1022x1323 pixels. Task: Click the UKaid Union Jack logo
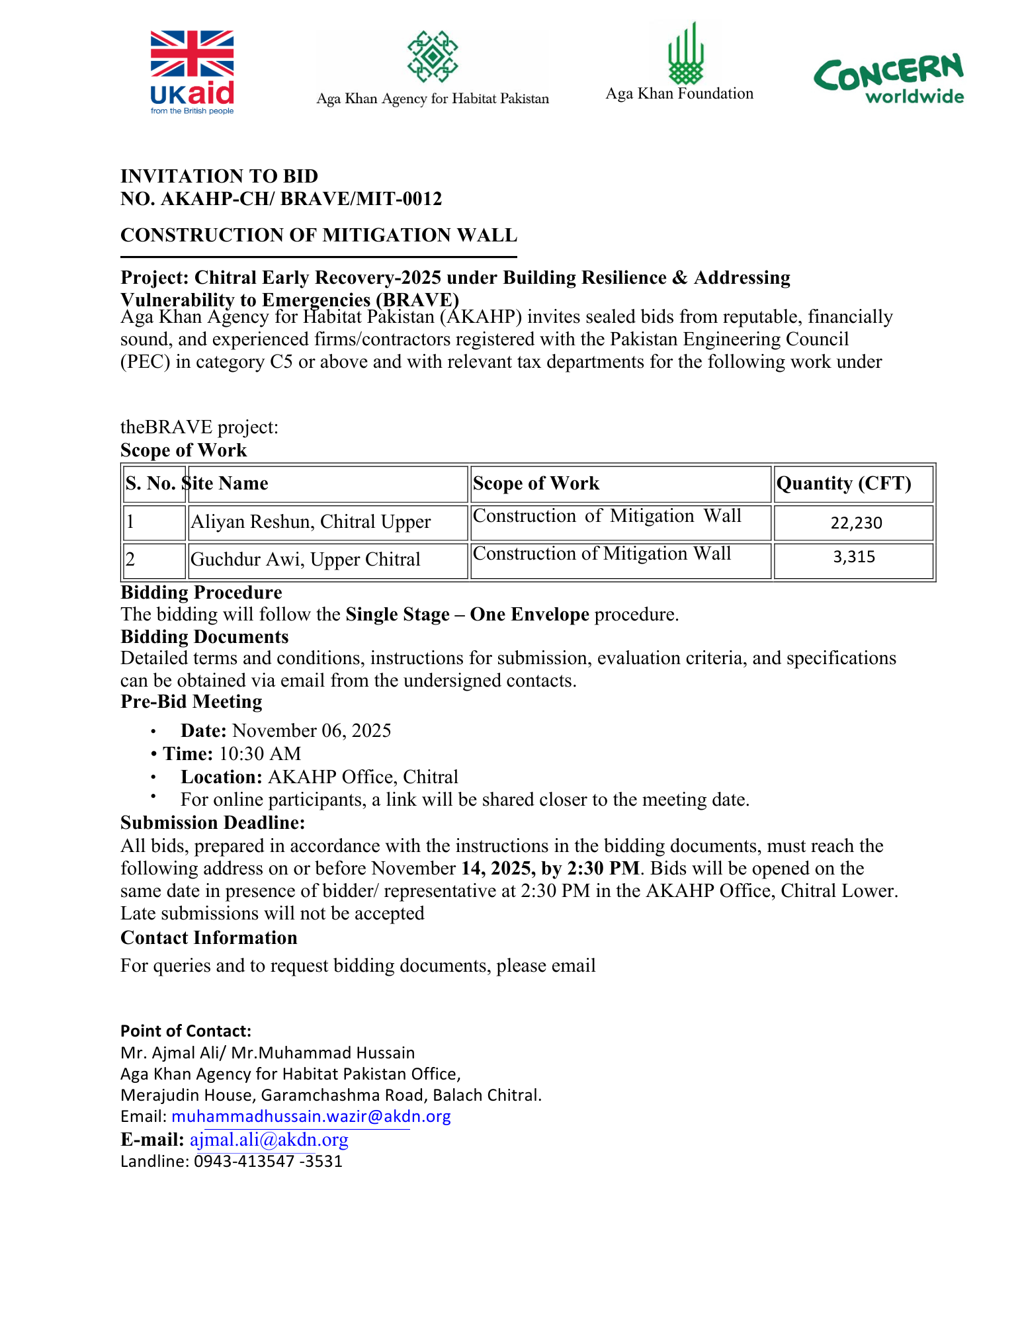(192, 71)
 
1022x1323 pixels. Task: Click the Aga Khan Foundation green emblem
(685, 53)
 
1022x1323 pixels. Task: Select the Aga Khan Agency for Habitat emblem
(433, 56)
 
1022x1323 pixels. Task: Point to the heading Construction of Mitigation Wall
(319, 235)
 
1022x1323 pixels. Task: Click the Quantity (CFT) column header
(843, 484)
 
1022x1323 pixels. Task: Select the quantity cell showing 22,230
(856, 523)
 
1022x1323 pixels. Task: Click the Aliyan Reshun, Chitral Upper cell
(310, 522)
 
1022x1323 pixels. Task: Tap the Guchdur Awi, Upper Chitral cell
(305, 560)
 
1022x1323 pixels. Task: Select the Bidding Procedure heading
(201, 592)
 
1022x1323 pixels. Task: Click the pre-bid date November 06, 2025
(312, 730)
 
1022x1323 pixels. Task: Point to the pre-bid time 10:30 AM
(260, 753)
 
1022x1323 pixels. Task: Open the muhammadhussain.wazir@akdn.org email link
(311, 1117)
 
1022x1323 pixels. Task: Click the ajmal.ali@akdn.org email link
(269, 1140)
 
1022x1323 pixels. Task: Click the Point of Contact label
(186, 1031)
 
